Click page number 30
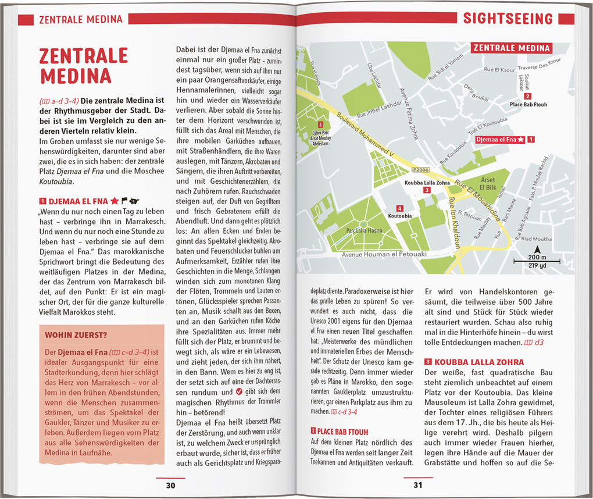(x=170, y=486)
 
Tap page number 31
(x=418, y=486)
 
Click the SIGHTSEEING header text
(x=508, y=19)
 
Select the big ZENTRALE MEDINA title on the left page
(x=83, y=66)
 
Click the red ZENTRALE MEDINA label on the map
(x=512, y=48)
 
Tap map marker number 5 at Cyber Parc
(x=320, y=124)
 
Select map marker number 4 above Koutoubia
(x=399, y=208)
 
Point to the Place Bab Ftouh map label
(x=528, y=105)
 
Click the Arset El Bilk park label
(x=488, y=184)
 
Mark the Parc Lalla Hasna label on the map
(x=365, y=230)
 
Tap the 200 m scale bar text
(x=537, y=256)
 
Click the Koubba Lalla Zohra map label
(x=427, y=182)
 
